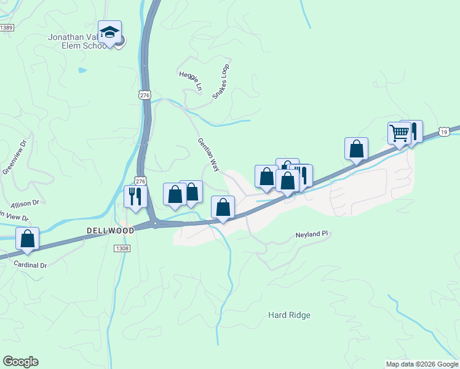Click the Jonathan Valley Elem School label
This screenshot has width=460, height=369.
coord(79,41)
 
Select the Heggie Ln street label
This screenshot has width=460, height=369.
coord(190,82)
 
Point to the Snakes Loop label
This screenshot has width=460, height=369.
coord(221,81)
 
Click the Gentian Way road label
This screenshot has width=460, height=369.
coord(208,154)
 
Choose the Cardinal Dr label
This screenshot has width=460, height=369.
coord(30,264)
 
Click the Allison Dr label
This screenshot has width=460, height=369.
coord(25,202)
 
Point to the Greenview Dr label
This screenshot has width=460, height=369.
coord(15,157)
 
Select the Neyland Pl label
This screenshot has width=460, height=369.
coord(313,235)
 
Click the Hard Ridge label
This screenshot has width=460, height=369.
coord(289,315)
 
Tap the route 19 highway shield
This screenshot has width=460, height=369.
coord(444,132)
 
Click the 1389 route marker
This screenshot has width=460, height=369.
coord(7,28)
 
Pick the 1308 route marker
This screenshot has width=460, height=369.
coord(122,248)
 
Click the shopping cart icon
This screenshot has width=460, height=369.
coord(399,133)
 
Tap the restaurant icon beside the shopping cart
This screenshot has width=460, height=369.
coord(414,131)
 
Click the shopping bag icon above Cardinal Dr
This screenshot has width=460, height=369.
coord(27,239)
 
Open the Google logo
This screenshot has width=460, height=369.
coord(20,362)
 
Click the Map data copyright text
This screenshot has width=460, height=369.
coord(421,364)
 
